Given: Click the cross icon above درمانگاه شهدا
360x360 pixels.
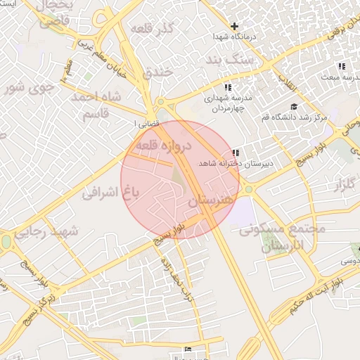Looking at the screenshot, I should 234,26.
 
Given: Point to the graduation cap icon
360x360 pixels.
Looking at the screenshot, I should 293,107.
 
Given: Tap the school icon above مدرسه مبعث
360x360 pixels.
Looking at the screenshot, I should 342,66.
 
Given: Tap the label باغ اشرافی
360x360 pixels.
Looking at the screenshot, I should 107,189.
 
